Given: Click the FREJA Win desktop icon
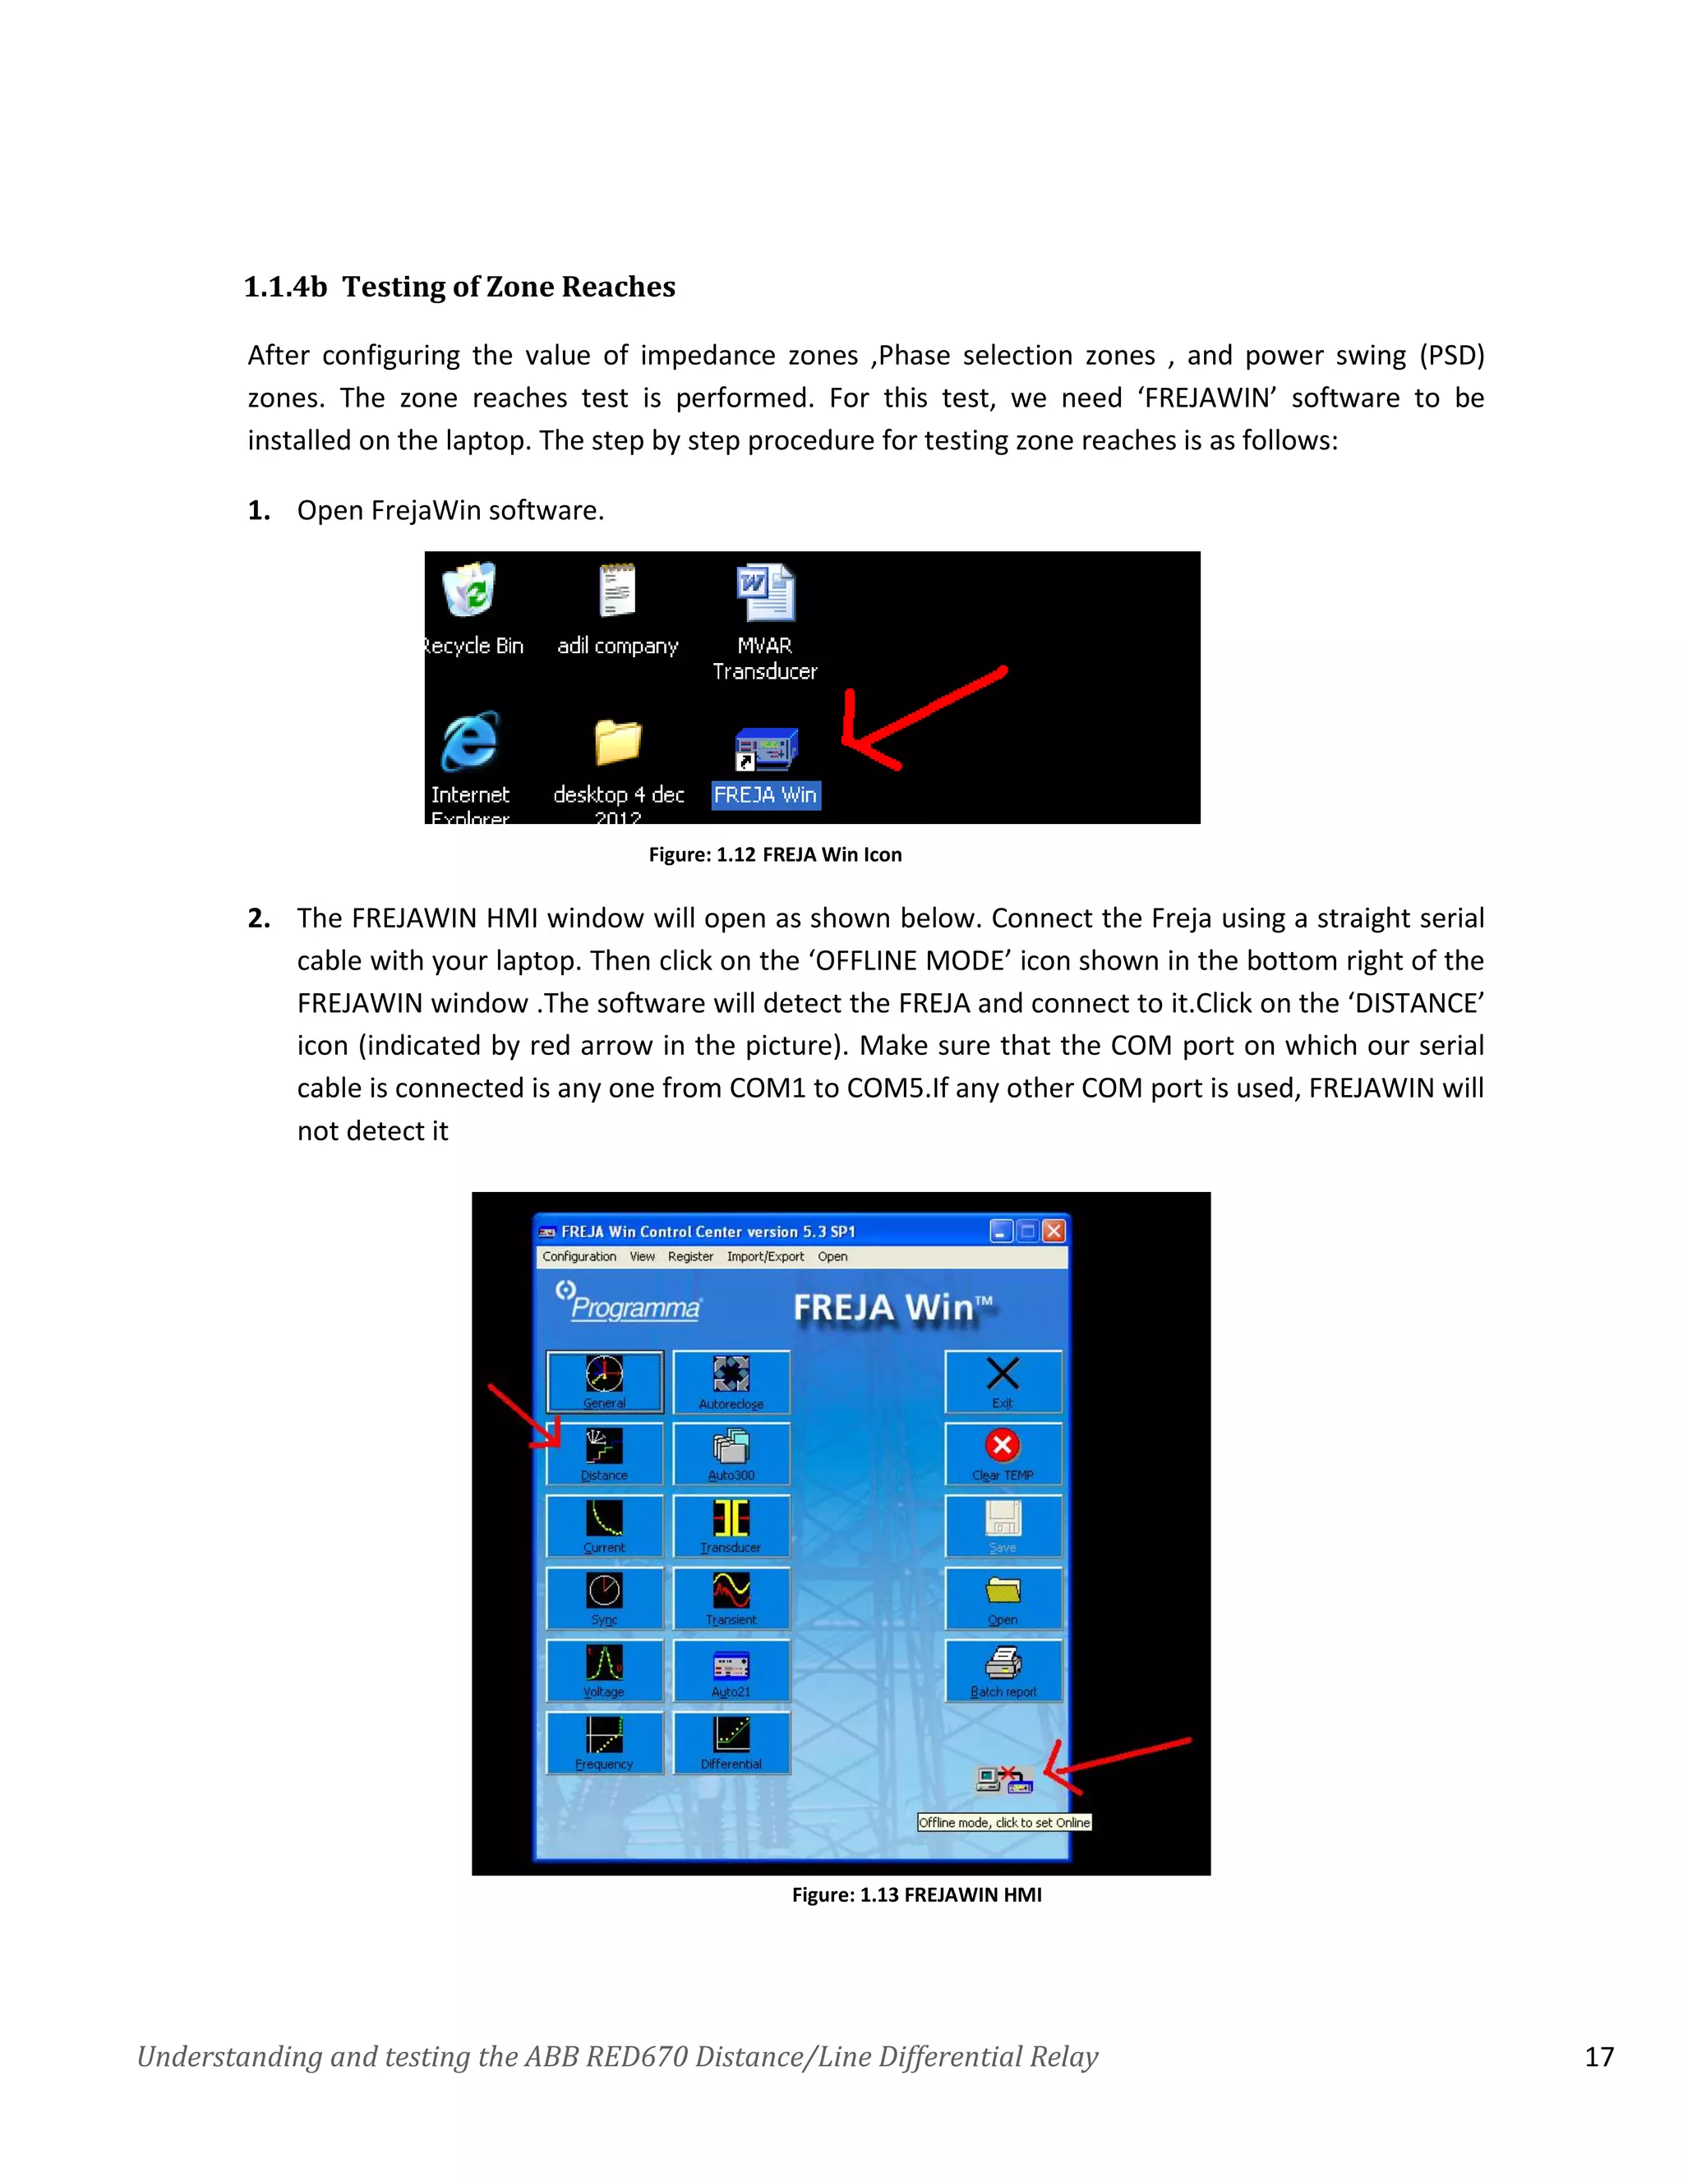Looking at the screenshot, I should (766, 752).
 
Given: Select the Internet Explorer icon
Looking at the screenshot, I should (469, 742).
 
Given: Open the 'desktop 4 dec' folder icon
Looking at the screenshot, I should (617, 743).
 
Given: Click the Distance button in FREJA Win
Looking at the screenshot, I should (604, 1453).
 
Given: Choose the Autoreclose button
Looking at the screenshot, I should (731, 1382).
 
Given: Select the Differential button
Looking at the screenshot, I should (731, 1742).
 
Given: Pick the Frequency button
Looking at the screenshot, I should (604, 1742).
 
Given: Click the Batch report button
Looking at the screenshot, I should (1003, 1669).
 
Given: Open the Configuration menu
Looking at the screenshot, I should (579, 1257).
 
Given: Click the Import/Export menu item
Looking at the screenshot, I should (765, 1257).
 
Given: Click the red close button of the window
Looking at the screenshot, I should (1053, 1231).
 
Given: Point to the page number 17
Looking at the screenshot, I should (1598, 2056).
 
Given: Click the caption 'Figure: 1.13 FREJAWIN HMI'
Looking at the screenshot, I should (916, 1895).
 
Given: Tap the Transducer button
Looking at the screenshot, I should (731, 1525).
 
